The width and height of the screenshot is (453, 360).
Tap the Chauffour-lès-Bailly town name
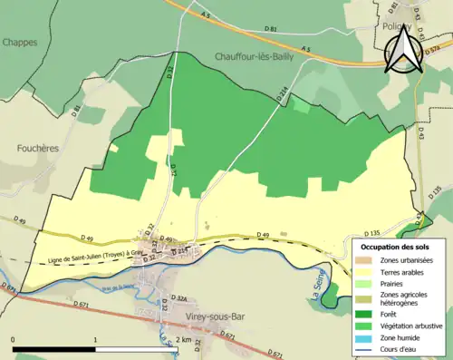tap(257, 56)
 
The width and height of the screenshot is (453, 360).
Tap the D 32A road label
tap(178, 297)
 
